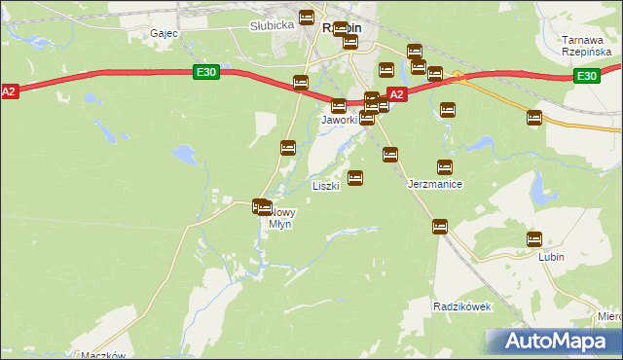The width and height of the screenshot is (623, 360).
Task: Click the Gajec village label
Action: coord(163,33)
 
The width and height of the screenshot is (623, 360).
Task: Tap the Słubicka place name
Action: coord(272,26)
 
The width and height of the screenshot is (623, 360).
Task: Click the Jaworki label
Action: coord(340,120)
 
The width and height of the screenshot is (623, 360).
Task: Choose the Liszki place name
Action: coord(325,185)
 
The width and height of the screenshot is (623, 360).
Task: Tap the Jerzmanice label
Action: coord(434,184)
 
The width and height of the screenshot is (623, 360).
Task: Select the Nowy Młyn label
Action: coord(279,218)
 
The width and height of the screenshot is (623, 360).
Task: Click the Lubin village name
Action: coord(552,258)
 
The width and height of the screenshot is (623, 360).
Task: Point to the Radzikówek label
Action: coord(462,306)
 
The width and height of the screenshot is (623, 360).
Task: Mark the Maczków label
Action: coord(104,355)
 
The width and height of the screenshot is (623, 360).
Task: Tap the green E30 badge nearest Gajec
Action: coord(205,72)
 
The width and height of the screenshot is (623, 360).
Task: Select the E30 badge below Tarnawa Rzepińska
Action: coord(585,76)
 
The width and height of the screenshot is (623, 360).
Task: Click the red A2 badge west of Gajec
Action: coord(9,90)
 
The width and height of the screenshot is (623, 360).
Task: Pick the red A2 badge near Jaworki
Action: coord(396,94)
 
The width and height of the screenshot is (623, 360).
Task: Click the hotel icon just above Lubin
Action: coord(534,238)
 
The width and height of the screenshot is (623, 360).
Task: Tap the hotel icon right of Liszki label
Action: coord(355,178)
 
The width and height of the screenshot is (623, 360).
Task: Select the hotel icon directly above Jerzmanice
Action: coord(445,167)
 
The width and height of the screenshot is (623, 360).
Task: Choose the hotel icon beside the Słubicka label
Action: coord(307,18)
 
